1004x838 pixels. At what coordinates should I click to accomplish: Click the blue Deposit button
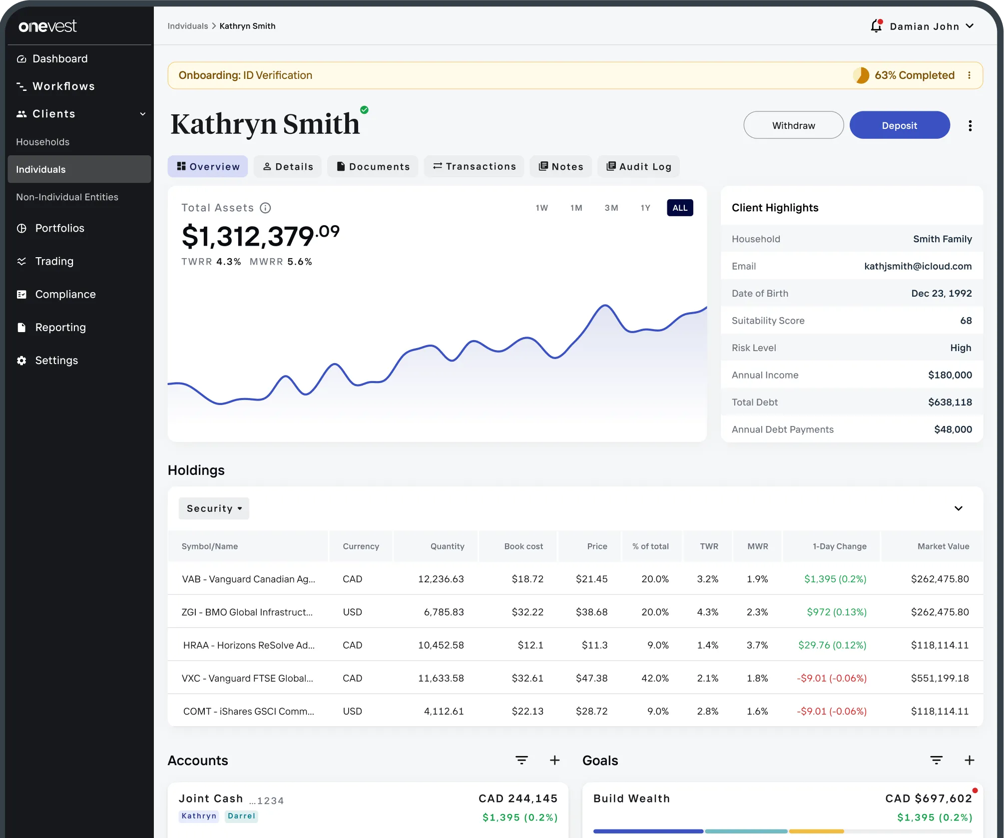[x=899, y=125]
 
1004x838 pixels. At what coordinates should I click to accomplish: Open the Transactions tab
[x=474, y=166]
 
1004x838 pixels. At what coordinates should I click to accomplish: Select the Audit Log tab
[x=638, y=166]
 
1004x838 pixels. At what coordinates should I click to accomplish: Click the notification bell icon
[x=876, y=26]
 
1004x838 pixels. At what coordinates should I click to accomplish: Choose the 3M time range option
[x=611, y=208]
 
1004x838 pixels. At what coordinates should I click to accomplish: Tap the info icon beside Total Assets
[x=266, y=208]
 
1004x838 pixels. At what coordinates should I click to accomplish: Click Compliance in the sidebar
[x=65, y=294]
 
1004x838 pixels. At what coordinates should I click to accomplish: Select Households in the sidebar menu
[x=43, y=142]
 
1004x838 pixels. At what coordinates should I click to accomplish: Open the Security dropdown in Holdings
[x=214, y=508]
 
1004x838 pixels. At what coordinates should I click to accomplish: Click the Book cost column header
[x=523, y=546]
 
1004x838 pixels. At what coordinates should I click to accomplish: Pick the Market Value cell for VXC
[x=940, y=678]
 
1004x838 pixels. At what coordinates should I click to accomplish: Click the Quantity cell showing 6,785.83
[x=444, y=612]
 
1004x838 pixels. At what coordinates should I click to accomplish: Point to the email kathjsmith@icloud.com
[x=918, y=266]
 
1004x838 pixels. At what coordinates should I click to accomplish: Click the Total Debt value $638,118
[x=950, y=402]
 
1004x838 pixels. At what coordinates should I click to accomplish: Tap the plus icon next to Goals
[x=969, y=760]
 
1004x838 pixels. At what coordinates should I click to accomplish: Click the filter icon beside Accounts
[x=521, y=760]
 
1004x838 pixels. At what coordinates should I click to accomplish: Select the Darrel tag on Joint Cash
[x=241, y=816]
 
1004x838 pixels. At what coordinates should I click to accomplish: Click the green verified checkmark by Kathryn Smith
[x=365, y=110]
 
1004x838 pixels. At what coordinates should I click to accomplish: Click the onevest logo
[x=48, y=26]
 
